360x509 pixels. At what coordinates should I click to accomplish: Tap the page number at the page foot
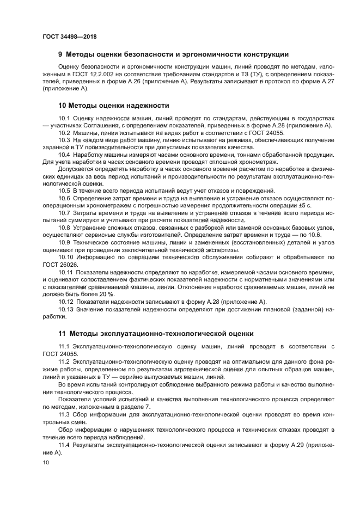(x=46, y=463)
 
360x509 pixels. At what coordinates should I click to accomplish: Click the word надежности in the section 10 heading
(x=148, y=105)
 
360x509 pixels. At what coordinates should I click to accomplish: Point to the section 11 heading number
(x=62, y=333)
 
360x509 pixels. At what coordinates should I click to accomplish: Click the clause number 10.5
(x=64, y=190)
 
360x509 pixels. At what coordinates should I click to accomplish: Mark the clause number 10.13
(x=66, y=309)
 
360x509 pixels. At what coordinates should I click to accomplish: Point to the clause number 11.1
(x=64, y=346)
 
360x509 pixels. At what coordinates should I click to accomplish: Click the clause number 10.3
(x=64, y=140)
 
